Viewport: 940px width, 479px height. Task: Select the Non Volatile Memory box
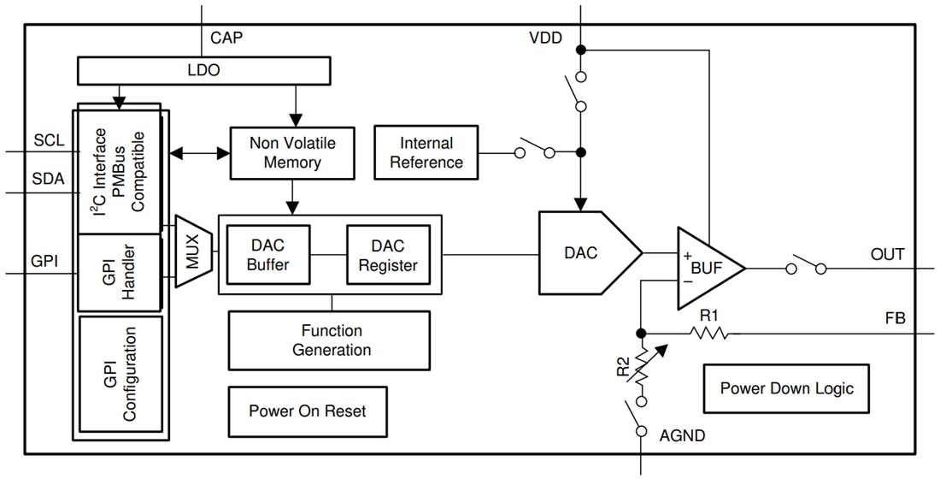coord(292,152)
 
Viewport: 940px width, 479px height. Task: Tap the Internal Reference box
coord(426,152)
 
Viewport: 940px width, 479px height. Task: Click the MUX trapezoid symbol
coord(193,251)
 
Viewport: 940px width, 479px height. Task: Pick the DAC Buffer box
coord(267,254)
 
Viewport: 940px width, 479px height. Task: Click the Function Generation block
coord(331,340)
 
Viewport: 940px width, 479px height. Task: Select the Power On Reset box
coord(307,411)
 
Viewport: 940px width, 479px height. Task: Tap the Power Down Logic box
coord(786,388)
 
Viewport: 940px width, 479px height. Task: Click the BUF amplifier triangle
coord(707,269)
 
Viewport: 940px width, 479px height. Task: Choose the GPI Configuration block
coord(120,374)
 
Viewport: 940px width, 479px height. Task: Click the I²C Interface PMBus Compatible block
coord(120,171)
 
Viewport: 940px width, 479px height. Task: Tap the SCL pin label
coord(49,139)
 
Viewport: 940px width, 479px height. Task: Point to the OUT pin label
coord(887,254)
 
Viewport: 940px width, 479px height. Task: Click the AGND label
coord(682,436)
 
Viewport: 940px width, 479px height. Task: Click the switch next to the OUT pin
coord(806,267)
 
